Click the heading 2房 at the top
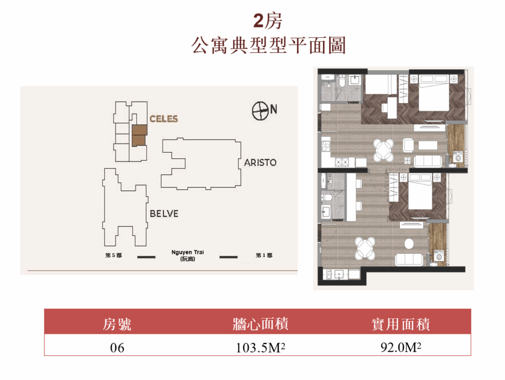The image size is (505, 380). click(267, 21)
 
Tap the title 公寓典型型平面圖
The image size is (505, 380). click(268, 45)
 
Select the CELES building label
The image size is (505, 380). click(164, 119)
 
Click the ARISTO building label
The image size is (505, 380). click(260, 163)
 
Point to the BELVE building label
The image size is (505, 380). click(164, 213)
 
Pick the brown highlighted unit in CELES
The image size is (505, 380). click(140, 136)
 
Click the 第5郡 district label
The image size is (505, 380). click(114, 255)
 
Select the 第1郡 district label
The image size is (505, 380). click(264, 255)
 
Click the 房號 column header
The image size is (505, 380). click(117, 324)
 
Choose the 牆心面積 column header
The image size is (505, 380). click(260, 324)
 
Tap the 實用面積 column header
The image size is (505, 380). click(400, 324)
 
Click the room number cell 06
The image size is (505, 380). click(117, 348)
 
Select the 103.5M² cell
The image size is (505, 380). click(260, 348)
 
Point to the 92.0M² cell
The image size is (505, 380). click(400, 347)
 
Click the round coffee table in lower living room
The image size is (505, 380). click(409, 243)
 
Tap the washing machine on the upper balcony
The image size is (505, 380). click(458, 158)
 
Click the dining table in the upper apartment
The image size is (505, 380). click(384, 150)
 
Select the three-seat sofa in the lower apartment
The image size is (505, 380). click(409, 259)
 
